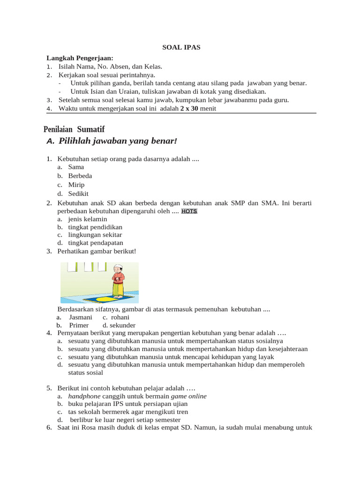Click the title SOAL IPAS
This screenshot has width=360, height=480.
[181, 48]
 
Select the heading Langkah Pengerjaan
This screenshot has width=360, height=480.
[80, 58]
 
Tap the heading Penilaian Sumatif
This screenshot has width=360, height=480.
[74, 129]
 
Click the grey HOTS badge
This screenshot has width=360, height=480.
[189, 211]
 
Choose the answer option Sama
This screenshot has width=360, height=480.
[75, 167]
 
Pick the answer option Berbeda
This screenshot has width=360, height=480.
[80, 176]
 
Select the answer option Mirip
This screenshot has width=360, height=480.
[76, 185]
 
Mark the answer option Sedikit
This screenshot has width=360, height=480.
[78, 194]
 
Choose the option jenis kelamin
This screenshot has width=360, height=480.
[87, 219]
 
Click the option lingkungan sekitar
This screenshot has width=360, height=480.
[95, 234]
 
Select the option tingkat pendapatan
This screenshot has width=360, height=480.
[95, 243]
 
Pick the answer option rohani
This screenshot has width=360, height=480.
[120, 317]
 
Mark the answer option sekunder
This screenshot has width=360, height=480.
[122, 325]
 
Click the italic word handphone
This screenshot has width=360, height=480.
[84, 396]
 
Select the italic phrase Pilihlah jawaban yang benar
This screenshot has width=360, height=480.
[118, 142]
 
